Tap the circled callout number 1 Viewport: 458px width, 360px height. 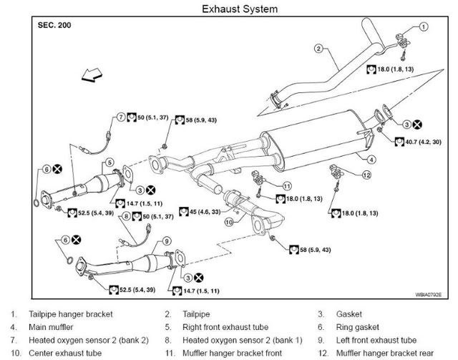click(424, 26)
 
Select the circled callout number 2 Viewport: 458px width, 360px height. click(319, 49)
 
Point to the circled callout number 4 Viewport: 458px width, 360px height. click(372, 158)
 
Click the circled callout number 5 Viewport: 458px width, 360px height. click(109, 163)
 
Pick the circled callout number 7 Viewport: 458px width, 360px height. click(121, 117)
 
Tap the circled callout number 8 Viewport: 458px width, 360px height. click(126, 215)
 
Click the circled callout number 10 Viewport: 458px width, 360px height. click(229, 222)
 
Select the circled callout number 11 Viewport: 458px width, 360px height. click(287, 186)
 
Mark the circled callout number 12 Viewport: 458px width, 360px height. click(366, 175)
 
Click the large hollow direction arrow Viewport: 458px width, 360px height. click(91, 74)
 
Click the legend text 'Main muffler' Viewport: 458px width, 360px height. click(54, 327)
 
